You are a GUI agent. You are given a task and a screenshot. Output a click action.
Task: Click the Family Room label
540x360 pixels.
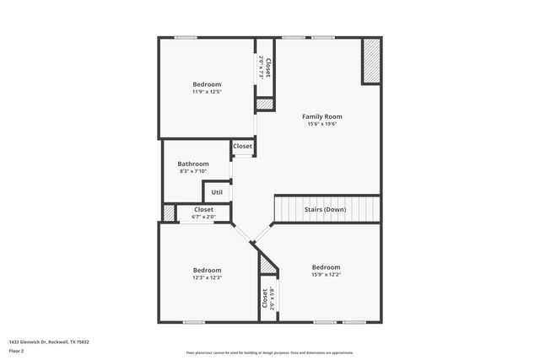[x=322, y=116]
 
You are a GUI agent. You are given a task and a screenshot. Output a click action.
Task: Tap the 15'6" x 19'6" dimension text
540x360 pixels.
[x=322, y=124]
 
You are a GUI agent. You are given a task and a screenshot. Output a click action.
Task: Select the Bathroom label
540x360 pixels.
[x=192, y=164]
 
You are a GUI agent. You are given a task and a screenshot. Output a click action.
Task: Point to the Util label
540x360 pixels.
[x=217, y=192]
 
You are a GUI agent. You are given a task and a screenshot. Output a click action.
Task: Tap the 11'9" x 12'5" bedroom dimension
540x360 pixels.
[x=207, y=92]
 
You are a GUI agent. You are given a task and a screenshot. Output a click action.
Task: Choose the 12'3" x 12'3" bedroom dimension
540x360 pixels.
[x=207, y=277]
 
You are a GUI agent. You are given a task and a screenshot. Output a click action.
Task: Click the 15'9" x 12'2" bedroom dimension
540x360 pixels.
[x=326, y=274]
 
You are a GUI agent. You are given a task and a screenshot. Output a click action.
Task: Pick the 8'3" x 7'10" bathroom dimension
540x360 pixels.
[x=192, y=171]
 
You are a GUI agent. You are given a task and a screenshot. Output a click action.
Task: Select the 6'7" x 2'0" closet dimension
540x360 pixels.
[x=204, y=217]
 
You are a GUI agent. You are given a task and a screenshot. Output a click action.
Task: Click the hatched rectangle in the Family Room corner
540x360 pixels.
[x=371, y=62]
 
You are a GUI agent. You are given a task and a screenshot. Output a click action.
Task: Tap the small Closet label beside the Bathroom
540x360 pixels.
[x=242, y=146]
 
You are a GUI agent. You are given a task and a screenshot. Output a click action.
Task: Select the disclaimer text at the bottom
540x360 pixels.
[x=270, y=352]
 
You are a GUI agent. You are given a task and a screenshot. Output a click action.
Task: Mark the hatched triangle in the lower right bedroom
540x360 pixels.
[x=268, y=265]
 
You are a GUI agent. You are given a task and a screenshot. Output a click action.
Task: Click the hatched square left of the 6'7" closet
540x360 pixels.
[x=169, y=213]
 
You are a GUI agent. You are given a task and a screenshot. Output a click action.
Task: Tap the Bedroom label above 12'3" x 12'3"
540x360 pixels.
[x=207, y=270]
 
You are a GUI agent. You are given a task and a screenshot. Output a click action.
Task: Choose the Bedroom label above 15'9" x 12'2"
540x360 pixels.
[x=326, y=266]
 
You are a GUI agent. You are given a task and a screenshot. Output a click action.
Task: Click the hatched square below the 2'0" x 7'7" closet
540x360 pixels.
[x=265, y=104]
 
